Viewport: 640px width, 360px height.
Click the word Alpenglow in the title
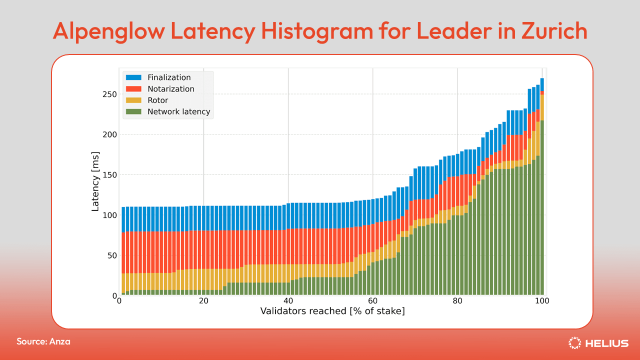[108, 31]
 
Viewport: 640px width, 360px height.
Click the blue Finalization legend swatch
[134, 77]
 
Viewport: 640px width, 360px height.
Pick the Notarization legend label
[170, 89]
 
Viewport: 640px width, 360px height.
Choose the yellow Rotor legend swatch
[134, 100]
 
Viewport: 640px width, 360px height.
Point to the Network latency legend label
[178, 112]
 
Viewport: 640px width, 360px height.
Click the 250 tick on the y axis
[109, 94]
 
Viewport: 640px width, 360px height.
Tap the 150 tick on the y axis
[109, 175]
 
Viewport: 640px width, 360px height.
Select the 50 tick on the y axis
[111, 255]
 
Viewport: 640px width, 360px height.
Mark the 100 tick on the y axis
[109, 215]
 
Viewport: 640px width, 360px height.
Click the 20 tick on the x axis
[203, 301]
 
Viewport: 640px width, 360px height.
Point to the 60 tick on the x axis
[373, 301]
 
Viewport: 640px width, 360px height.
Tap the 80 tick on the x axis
[457, 301]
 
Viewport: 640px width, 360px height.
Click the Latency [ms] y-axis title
[95, 181]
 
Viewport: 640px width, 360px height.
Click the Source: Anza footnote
[43, 341]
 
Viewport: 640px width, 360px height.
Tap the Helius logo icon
[574, 343]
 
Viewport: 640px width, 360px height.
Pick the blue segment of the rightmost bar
[542, 84]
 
